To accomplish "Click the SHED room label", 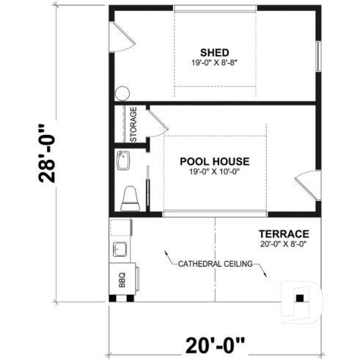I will click(215, 52).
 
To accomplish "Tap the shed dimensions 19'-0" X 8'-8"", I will click(215, 63).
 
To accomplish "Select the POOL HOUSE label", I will click(215, 161).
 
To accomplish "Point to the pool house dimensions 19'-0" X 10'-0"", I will click(215, 172).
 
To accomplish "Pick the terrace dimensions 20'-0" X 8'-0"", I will click(282, 243).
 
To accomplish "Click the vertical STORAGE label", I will click(133, 125).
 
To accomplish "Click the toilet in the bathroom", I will click(130, 196).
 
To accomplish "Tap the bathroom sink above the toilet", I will click(123, 160).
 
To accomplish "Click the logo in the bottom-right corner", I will click(301, 299).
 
